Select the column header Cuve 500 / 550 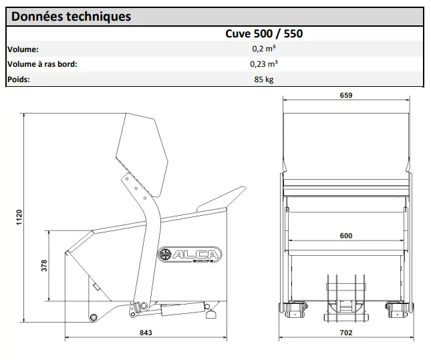coord(264,33)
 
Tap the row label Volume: coord(23,49)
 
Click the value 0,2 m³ coord(264,49)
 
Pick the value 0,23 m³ coord(264,65)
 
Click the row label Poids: coord(19,79)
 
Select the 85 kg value coord(264,79)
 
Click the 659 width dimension coord(346,96)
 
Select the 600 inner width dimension coord(345,236)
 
